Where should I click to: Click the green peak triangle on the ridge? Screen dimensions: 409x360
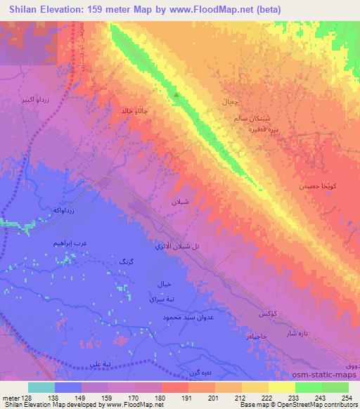(176, 95)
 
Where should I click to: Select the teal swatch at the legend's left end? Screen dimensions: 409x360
(41, 387)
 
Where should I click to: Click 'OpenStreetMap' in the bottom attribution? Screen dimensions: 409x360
(312, 405)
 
